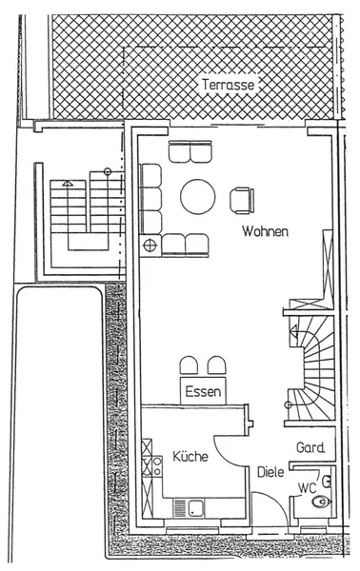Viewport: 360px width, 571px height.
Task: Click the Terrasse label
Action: tap(229, 85)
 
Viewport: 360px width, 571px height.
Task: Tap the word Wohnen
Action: tap(265, 231)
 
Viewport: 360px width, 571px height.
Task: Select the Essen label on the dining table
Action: tap(203, 391)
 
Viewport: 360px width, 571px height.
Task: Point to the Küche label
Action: tap(190, 456)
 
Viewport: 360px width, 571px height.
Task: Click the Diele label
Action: tap(270, 472)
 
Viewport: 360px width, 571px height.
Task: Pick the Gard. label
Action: tap(310, 447)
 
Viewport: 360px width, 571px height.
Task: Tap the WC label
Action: tap(308, 488)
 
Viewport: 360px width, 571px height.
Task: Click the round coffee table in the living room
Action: tap(198, 197)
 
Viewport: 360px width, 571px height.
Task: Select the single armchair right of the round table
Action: tap(242, 200)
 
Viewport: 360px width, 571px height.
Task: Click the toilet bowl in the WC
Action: tap(322, 502)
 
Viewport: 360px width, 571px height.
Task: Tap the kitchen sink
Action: tap(195, 507)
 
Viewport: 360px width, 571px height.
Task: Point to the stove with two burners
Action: tap(157, 465)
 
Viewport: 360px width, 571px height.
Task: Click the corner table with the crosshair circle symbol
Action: tap(150, 246)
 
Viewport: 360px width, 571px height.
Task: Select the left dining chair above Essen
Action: tap(189, 365)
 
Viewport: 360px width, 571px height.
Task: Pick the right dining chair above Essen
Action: tap(217, 365)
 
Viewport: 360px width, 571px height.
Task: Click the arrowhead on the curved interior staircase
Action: tap(293, 332)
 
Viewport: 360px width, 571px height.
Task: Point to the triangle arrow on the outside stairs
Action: tap(68, 183)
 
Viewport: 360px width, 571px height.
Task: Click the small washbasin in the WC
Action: tap(327, 482)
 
